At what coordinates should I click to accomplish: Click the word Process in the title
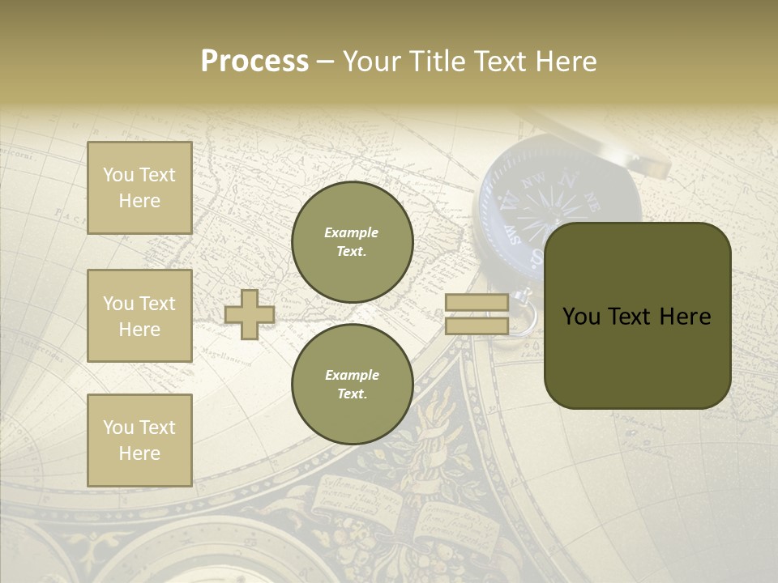tap(254, 62)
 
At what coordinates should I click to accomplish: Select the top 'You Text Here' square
tap(139, 188)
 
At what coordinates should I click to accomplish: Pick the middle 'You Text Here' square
tap(139, 316)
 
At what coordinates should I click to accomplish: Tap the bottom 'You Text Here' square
tap(139, 440)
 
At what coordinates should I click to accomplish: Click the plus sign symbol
tap(250, 314)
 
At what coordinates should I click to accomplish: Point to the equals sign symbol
tap(477, 314)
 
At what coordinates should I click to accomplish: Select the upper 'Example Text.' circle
tap(352, 241)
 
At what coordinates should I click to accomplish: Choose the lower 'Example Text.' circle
tap(352, 384)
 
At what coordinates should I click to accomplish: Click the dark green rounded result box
tap(637, 316)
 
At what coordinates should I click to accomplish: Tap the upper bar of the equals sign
tap(477, 303)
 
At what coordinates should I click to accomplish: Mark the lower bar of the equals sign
tap(477, 326)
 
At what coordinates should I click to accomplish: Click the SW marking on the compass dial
tap(513, 236)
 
